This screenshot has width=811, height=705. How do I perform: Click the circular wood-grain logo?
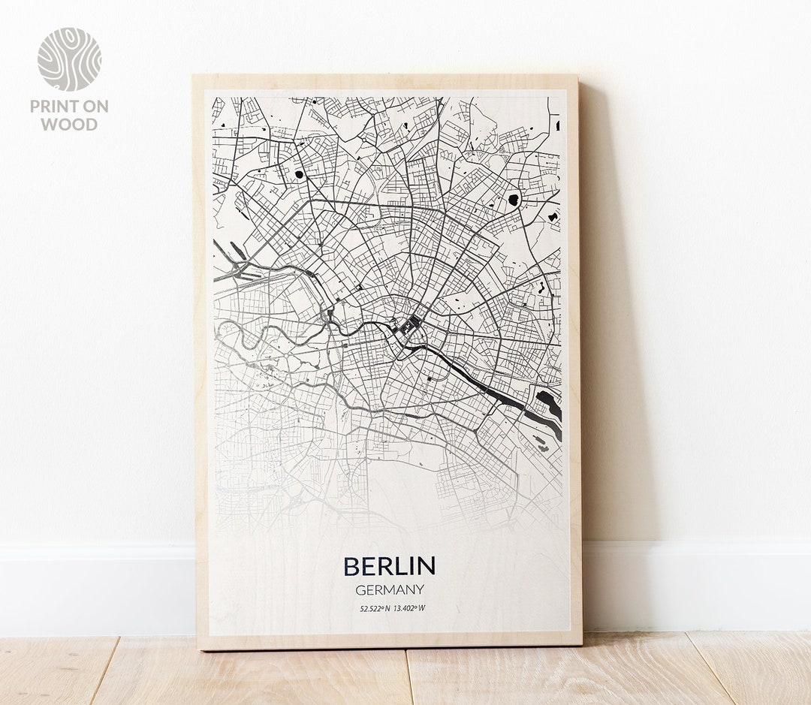(69, 59)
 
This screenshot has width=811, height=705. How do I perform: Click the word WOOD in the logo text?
(69, 124)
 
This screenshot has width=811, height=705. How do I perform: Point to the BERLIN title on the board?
(389, 566)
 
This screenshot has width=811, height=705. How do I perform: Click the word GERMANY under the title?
(390, 590)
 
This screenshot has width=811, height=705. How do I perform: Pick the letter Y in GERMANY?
(419, 590)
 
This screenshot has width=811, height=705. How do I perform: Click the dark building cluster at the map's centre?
(411, 326)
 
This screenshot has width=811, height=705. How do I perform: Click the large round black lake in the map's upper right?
(514, 200)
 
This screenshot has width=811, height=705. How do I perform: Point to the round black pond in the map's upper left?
(299, 174)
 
